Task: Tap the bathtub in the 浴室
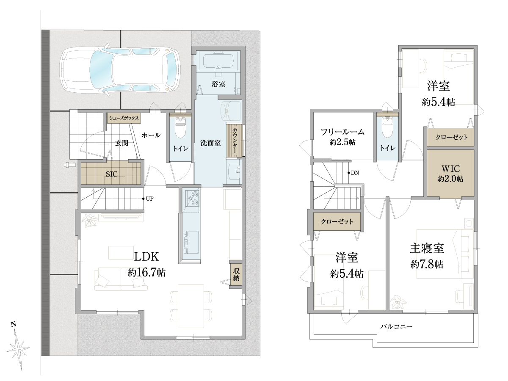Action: tap(218, 60)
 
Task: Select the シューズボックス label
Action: tap(124, 118)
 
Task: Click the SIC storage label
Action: tap(112, 174)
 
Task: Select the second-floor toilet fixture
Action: tap(387, 127)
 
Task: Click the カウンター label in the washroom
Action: tap(235, 141)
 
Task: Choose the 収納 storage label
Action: tap(236, 274)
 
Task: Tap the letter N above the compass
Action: tap(14, 324)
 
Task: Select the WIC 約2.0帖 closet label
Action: tap(450, 174)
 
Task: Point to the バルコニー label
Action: tap(396, 327)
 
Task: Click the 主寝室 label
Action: tap(427, 248)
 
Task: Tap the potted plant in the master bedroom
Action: tap(398, 302)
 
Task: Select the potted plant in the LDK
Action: tap(90, 221)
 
